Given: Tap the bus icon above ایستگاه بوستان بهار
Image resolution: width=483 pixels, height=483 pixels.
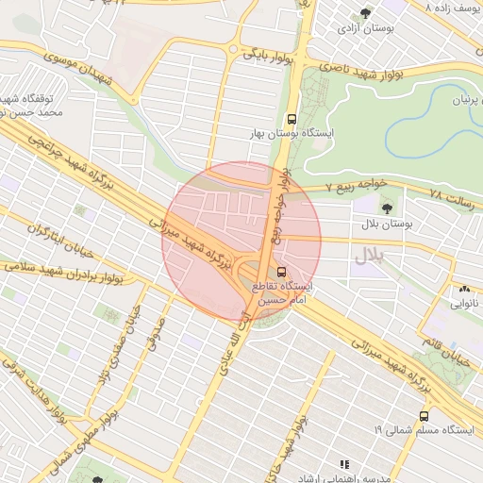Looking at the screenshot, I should (291, 120).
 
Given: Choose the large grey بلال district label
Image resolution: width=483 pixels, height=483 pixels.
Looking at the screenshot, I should (371, 256).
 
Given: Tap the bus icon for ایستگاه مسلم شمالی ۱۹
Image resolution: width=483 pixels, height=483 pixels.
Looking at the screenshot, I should (425, 414).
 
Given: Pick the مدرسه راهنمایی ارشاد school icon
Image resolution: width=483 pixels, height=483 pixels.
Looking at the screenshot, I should (344, 464).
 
